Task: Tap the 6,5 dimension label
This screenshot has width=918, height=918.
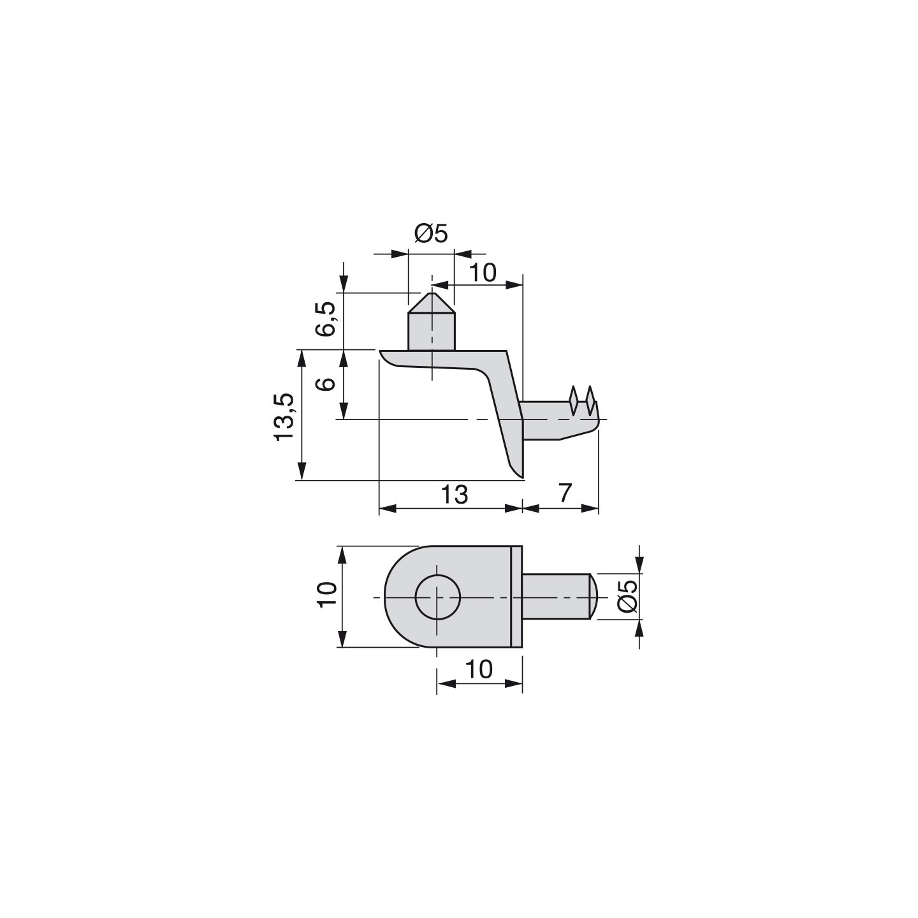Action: pyautogui.click(x=327, y=319)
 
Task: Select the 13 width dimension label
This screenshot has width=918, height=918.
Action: pyautogui.click(x=455, y=494)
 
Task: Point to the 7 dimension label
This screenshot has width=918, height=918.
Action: pyautogui.click(x=564, y=493)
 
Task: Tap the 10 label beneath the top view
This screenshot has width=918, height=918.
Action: pyautogui.click(x=479, y=669)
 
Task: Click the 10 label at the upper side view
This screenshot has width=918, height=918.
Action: pyautogui.click(x=482, y=272)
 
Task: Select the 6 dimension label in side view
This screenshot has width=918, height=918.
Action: pyautogui.click(x=327, y=384)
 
